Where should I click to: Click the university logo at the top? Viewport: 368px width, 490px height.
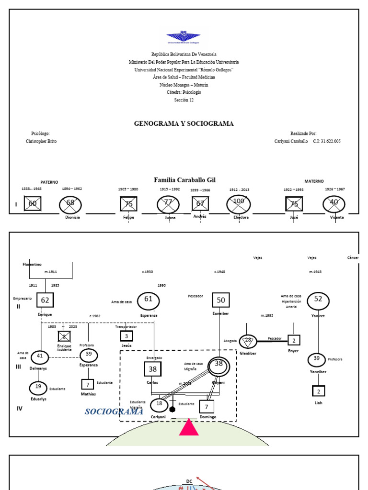tap(184, 38)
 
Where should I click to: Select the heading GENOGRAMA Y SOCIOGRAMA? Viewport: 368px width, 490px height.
tap(184, 123)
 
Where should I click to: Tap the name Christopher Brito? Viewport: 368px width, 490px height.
tap(41, 142)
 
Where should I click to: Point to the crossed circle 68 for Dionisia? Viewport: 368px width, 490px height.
tap(70, 203)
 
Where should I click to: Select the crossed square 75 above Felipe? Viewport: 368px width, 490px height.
tap(128, 204)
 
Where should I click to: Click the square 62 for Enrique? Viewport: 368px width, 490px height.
tap(45, 300)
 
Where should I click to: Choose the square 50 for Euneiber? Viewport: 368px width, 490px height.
tap(221, 300)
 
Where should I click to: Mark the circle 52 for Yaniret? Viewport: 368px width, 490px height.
tap(318, 300)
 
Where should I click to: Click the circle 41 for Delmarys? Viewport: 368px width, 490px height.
tap(40, 357)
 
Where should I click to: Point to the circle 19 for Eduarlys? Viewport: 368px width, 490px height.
tap(38, 388)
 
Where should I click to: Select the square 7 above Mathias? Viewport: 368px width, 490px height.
tap(87, 384)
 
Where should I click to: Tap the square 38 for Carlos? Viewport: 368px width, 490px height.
tap(152, 369)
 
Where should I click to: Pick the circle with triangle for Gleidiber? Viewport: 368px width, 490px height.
tap(248, 341)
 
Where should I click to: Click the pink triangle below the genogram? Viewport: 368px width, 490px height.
tap(189, 427)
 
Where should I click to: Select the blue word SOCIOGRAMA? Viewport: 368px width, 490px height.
tap(114, 412)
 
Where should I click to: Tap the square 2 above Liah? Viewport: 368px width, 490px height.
tap(319, 391)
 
